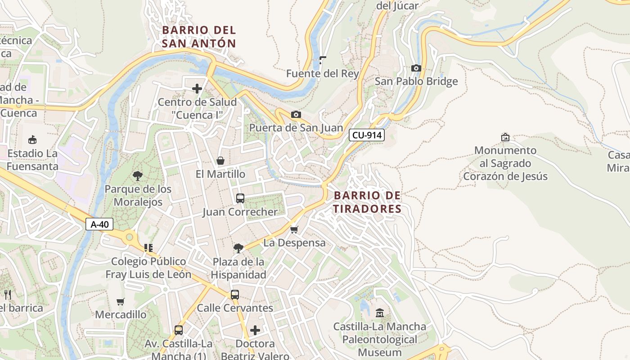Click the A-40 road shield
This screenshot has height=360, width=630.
[99, 224]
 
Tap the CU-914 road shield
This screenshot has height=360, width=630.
[367, 135]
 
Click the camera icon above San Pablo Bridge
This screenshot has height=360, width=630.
[416, 68]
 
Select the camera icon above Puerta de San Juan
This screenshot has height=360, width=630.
[296, 115]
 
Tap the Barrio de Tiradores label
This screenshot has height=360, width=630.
[367, 202]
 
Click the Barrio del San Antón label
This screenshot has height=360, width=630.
[199, 36]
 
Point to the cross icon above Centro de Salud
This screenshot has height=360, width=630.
[197, 89]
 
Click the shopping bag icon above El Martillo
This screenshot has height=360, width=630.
[220, 161]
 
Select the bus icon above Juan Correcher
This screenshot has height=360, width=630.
[240, 198]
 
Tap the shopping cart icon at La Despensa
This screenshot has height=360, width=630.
[294, 230]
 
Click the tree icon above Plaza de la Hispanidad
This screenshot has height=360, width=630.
[238, 248]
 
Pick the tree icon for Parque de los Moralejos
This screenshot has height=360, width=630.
[138, 176]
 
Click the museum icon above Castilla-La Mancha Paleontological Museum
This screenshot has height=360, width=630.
[380, 313]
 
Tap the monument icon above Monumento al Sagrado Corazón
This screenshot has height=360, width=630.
[505, 137]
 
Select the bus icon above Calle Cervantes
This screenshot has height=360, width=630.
[235, 295]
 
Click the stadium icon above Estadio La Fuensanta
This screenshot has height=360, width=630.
[32, 140]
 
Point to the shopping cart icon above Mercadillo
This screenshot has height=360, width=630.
[120, 301]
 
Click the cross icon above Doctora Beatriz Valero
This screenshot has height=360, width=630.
[255, 331]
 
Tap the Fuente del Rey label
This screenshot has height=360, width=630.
[322, 73]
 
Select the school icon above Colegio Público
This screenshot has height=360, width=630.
[148, 248]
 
